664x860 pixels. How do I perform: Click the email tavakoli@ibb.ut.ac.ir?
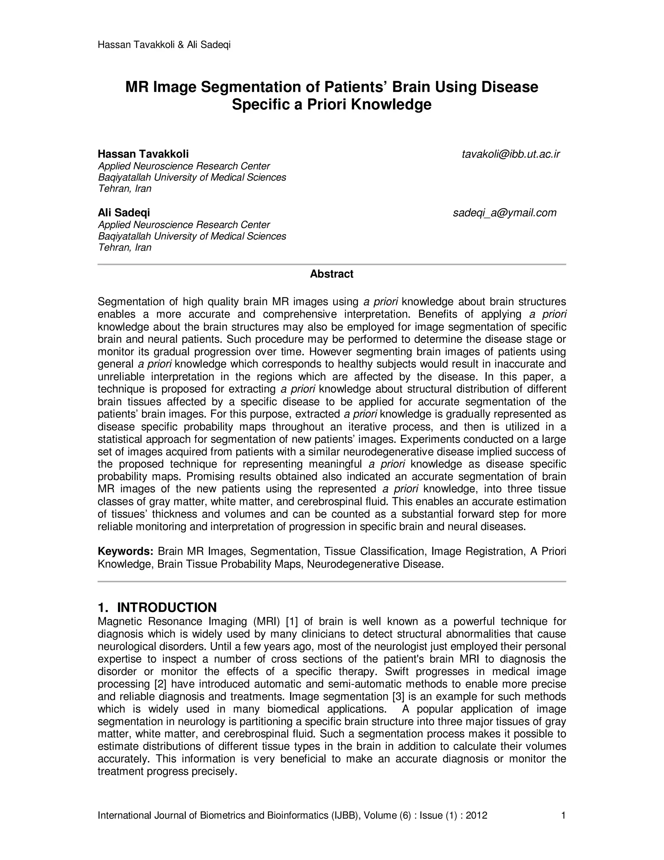tap(510, 154)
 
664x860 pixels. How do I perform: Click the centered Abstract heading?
tap(332, 274)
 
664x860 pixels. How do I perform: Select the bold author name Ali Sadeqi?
tap(124, 213)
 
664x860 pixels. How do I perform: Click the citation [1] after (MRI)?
tap(292, 622)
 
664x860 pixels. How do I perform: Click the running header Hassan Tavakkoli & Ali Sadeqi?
tap(164, 45)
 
